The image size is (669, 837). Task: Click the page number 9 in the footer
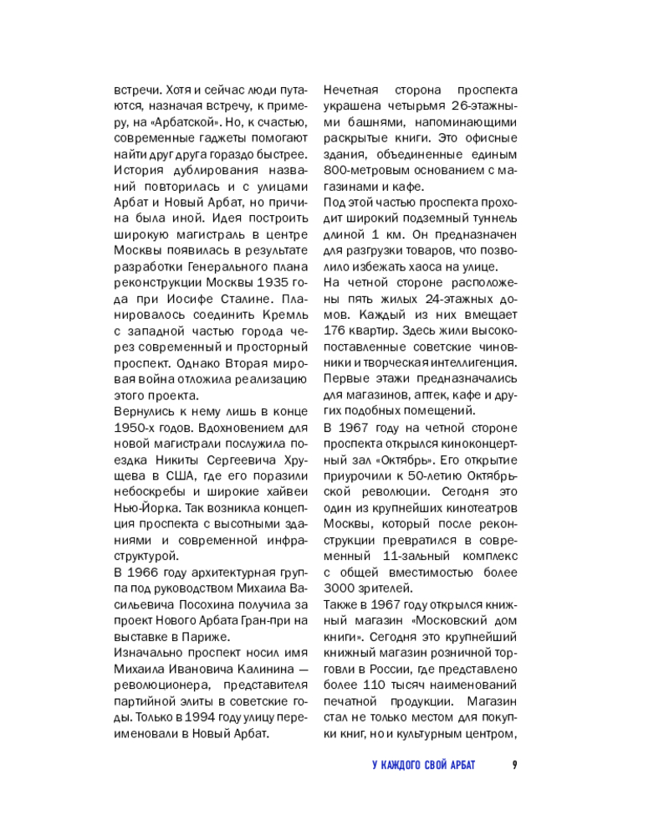coord(514,764)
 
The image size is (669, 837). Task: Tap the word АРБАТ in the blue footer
coord(475,764)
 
